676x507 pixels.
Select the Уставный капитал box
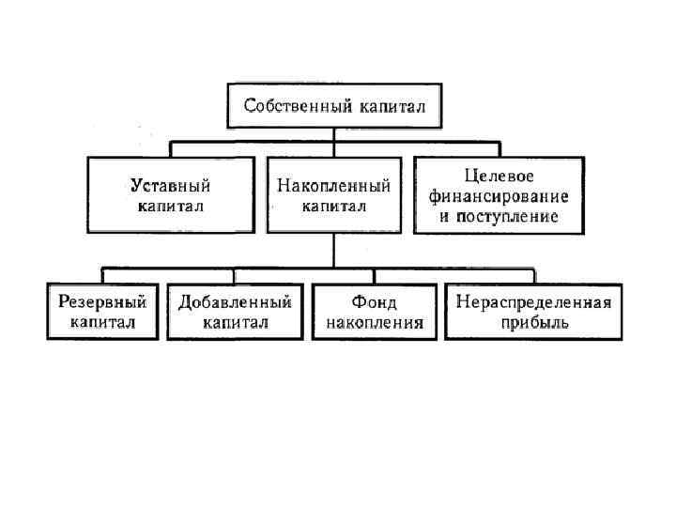pyautogui.click(x=172, y=194)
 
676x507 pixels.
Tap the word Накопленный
pyautogui.click(x=334, y=185)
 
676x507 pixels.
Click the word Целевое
pyautogui.click(x=498, y=176)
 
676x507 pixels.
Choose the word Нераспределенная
pyautogui.click(x=533, y=302)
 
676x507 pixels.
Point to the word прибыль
pyautogui.click(x=533, y=323)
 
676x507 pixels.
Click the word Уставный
pyautogui.click(x=170, y=185)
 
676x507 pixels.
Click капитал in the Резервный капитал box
pyautogui.click(x=102, y=323)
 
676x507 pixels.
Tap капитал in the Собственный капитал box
pyautogui.click(x=390, y=106)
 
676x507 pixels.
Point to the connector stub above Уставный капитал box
pyautogui.click(x=170, y=148)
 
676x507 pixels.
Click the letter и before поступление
pyautogui.click(x=445, y=216)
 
